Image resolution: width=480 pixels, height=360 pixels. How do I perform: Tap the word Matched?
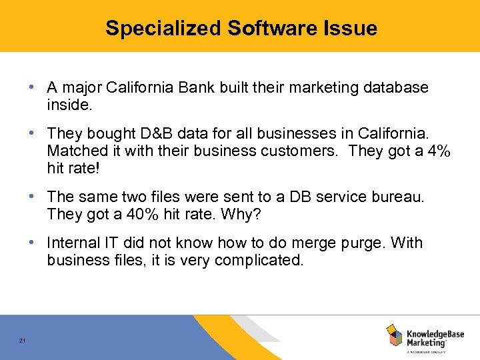74,151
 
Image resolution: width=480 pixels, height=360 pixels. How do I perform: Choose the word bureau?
397,197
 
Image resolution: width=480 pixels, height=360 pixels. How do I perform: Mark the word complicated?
260,259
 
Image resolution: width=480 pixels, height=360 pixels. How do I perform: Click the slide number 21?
22,341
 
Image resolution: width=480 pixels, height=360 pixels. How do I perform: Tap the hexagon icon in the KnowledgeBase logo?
394,335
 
